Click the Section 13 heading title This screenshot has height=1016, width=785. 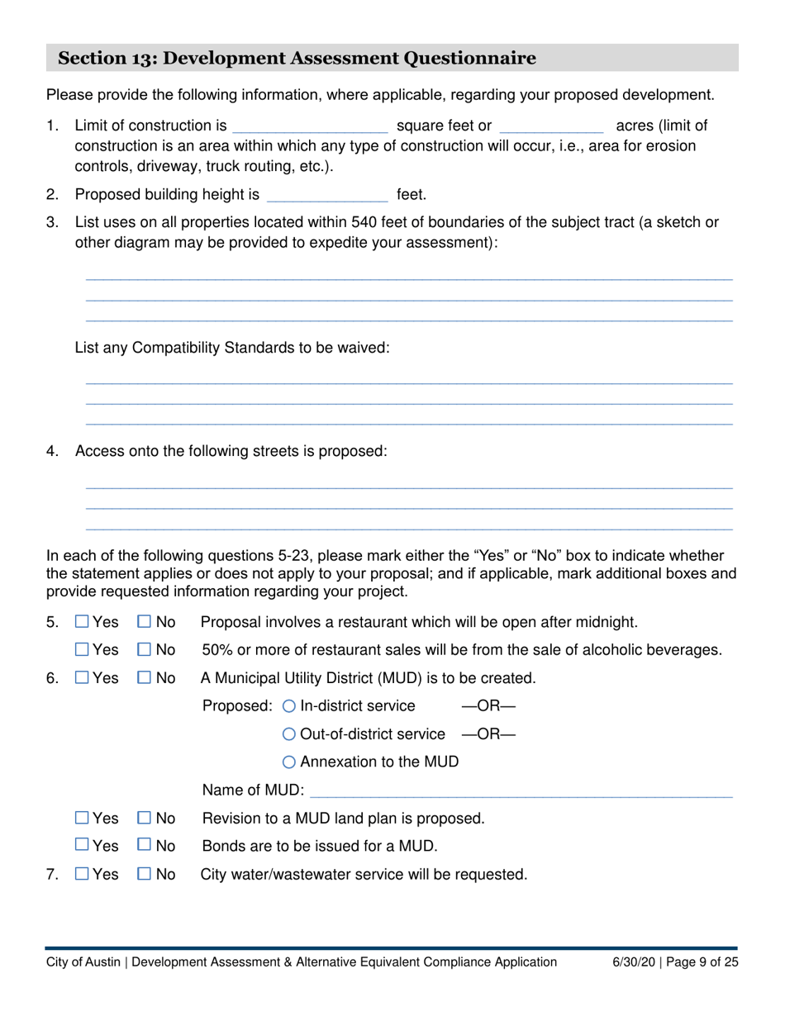tap(297, 58)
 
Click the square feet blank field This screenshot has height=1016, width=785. tap(311, 126)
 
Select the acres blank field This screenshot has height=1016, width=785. tap(552, 126)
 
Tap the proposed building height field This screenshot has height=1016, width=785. tap(328, 196)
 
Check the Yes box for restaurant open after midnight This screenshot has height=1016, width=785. tap(82, 622)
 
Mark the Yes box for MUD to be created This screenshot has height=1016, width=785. tap(82, 678)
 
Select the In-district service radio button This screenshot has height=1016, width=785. tap(288, 706)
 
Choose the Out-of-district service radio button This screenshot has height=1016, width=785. tap(288, 734)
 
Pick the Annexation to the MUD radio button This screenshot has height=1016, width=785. tap(288, 762)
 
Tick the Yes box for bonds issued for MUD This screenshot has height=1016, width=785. tap(82, 846)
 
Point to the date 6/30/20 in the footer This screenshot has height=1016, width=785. tap(632, 961)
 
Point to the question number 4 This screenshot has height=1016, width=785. tap(52, 452)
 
